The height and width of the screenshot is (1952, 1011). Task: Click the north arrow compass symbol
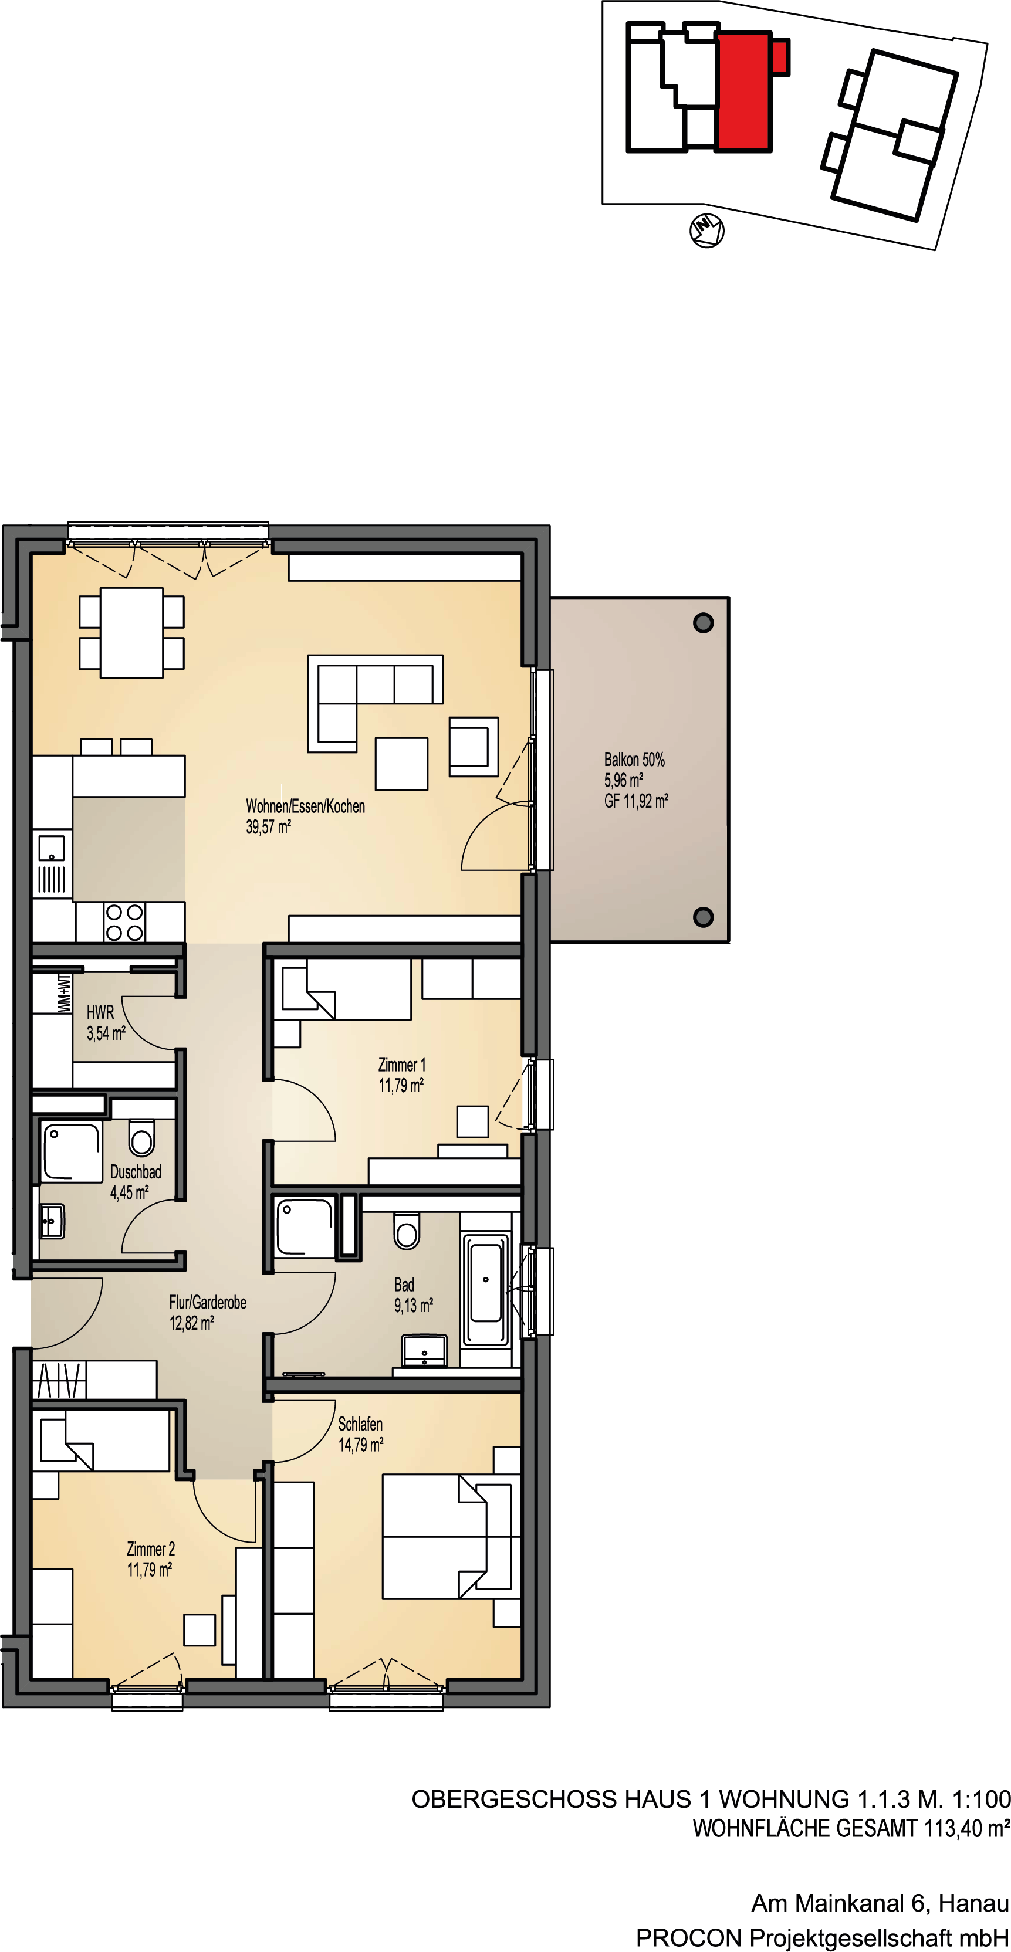(x=706, y=231)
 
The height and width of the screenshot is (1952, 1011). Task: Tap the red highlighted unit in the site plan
(x=746, y=91)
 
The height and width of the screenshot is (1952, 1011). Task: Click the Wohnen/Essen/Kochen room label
(x=306, y=806)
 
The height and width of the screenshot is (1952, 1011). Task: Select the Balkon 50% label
(x=634, y=760)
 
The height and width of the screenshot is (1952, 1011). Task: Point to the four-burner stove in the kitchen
(x=124, y=922)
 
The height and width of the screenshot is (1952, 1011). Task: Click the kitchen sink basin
(x=52, y=848)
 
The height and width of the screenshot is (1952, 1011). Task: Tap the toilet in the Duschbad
(x=142, y=1137)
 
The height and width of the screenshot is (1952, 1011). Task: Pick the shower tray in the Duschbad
(x=71, y=1152)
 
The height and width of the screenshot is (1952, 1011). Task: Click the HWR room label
(x=100, y=1012)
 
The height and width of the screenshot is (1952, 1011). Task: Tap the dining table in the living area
(x=132, y=632)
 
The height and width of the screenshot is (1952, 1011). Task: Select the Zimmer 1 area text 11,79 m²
(x=401, y=1085)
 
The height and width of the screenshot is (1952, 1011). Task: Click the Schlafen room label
(x=360, y=1424)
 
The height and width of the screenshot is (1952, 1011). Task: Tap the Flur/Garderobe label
(x=208, y=1302)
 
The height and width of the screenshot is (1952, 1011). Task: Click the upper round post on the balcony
(x=704, y=623)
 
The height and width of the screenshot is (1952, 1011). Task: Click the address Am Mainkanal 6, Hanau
(x=880, y=1903)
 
